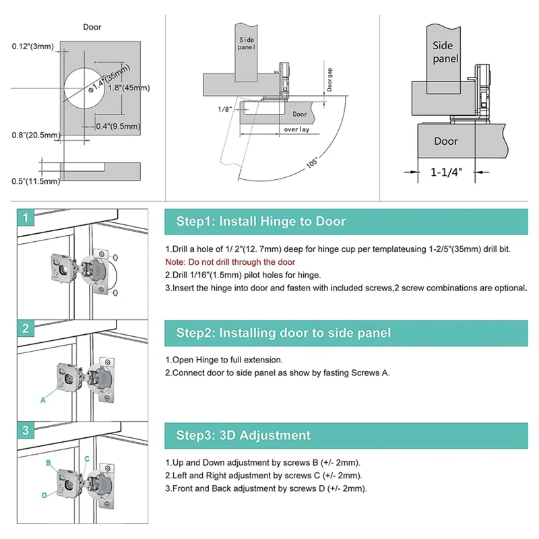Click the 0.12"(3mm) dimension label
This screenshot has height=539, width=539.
pyautogui.click(x=33, y=46)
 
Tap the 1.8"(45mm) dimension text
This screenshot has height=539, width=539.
pyautogui.click(x=129, y=88)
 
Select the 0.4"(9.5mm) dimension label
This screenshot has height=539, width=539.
pyautogui.click(x=118, y=126)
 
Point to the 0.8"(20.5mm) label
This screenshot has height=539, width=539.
pyautogui.click(x=36, y=135)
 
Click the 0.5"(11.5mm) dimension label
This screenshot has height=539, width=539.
pyautogui.click(x=36, y=181)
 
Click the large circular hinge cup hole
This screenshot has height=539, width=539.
pyautogui.click(x=82, y=88)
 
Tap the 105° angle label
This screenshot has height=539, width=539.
pyautogui.click(x=312, y=162)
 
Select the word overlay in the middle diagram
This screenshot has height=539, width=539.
pyautogui.click(x=296, y=129)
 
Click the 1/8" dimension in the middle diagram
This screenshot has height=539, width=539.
pyautogui.click(x=224, y=109)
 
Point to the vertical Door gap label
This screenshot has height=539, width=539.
pyautogui.click(x=329, y=80)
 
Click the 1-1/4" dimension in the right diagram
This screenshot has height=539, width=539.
pyautogui.click(x=446, y=172)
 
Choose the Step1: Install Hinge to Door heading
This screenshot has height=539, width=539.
pyautogui.click(x=261, y=221)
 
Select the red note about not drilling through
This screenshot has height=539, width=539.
pyautogui.click(x=230, y=262)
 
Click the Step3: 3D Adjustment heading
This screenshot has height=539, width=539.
pyautogui.click(x=243, y=435)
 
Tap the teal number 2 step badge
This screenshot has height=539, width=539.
pyautogui.click(x=26, y=328)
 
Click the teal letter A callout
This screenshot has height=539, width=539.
pyautogui.click(x=43, y=400)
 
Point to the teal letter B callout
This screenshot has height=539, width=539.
pyautogui.click(x=49, y=463)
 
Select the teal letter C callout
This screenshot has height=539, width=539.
pyautogui.click(x=87, y=459)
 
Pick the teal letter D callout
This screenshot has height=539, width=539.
pyautogui.click(x=44, y=495)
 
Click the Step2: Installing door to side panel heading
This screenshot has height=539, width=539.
pyautogui.click(x=284, y=333)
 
